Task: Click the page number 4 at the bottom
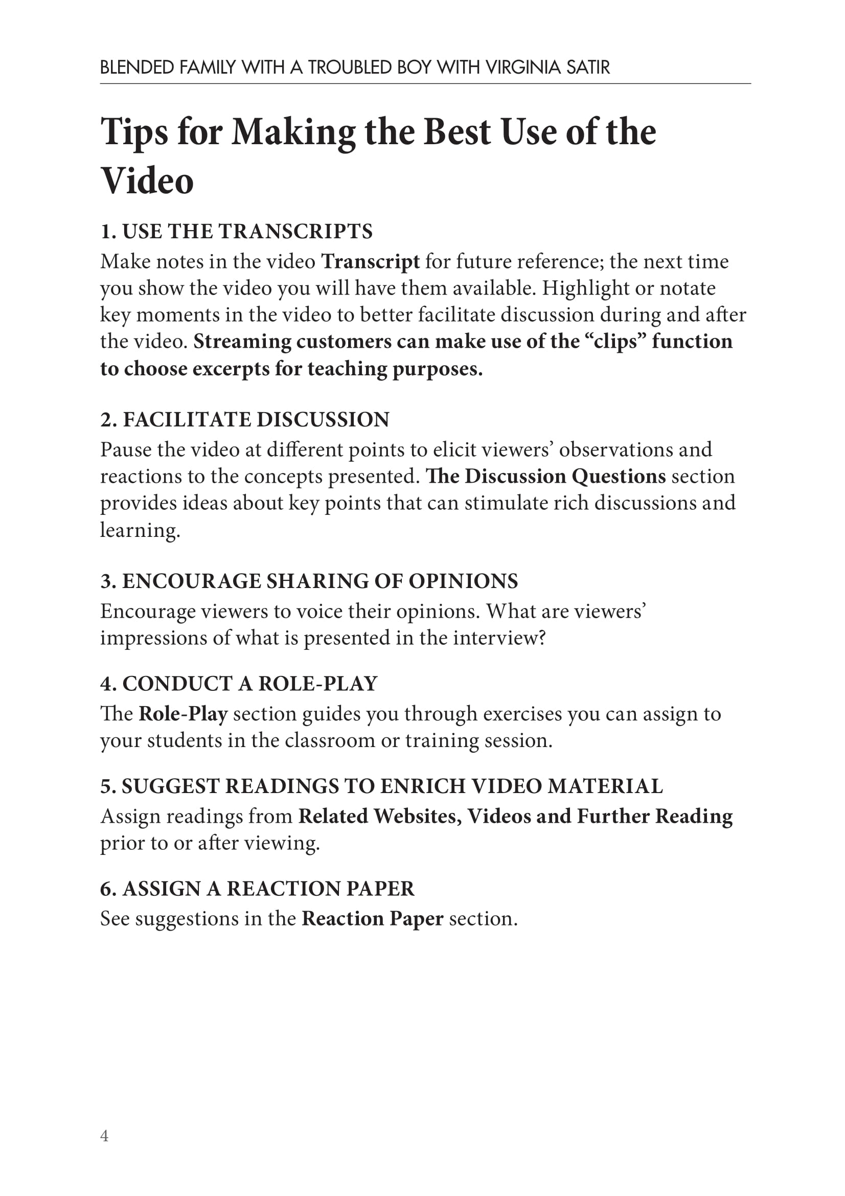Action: click(x=104, y=1136)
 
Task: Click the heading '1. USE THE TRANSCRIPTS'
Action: click(x=236, y=231)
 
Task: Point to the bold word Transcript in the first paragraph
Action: click(x=370, y=261)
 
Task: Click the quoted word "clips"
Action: click(x=615, y=342)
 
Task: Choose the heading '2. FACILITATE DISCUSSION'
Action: click(x=245, y=419)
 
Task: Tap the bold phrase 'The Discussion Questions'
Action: click(x=545, y=476)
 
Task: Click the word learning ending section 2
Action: click(x=140, y=530)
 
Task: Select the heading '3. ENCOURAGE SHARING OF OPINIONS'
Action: click(x=309, y=581)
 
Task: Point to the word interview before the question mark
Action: click(x=495, y=638)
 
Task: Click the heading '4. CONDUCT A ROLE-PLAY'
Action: click(x=238, y=684)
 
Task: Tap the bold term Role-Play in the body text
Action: click(x=182, y=714)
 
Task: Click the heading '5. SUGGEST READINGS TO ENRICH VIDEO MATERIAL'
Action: click(x=382, y=786)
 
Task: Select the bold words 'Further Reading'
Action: click(x=654, y=816)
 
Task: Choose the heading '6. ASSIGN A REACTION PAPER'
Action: click(x=257, y=889)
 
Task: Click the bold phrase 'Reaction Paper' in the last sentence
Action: click(x=372, y=919)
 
